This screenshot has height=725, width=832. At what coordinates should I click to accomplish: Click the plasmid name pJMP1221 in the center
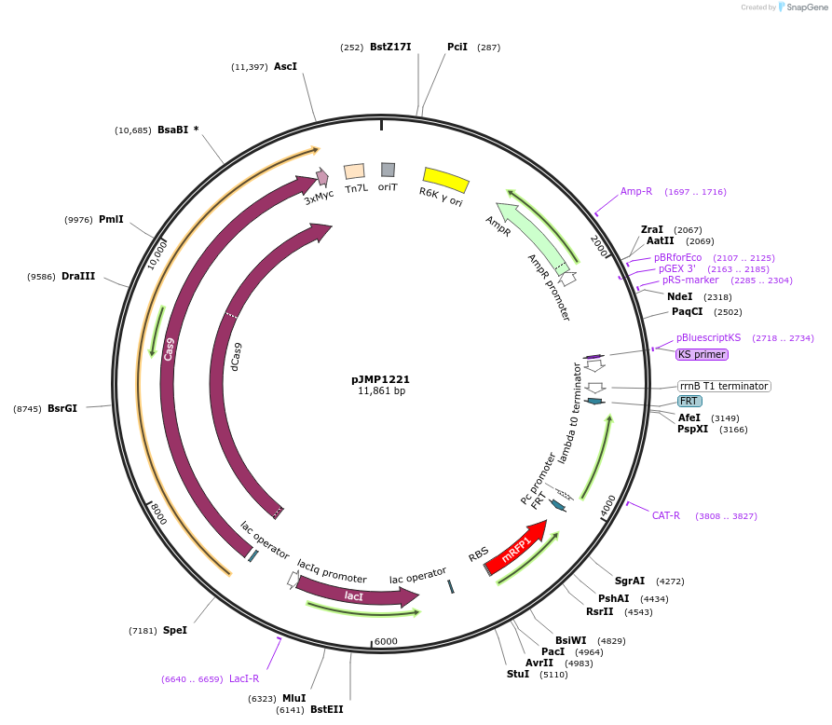[380, 379]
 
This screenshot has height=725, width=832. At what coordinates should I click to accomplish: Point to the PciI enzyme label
[457, 47]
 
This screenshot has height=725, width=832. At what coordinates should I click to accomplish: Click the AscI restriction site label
[285, 67]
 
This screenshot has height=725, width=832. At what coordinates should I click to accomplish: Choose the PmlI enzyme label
[111, 220]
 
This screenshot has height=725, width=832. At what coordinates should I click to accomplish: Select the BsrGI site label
[62, 408]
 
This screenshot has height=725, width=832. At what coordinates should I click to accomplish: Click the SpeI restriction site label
[175, 631]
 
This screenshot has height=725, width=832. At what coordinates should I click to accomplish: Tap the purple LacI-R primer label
[244, 678]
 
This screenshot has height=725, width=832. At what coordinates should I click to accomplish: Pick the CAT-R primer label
[665, 515]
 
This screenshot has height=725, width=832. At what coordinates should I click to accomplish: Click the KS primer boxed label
[702, 354]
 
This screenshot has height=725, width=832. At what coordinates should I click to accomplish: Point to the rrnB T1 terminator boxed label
[724, 386]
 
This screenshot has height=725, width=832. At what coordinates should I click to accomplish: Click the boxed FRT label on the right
[689, 402]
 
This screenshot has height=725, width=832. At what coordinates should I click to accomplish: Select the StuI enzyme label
[517, 673]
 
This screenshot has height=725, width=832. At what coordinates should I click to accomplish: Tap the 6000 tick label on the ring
[386, 641]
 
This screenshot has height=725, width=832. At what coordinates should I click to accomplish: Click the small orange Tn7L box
[355, 171]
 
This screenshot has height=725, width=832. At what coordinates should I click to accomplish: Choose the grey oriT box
[388, 170]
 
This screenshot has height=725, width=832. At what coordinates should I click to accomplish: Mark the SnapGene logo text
[807, 7]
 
